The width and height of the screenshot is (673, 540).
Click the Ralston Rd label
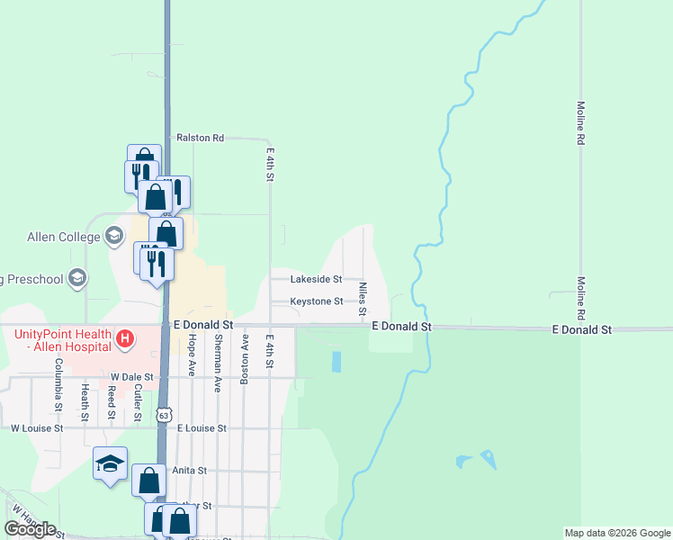click(x=200, y=138)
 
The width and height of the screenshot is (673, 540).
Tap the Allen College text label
click(x=62, y=237)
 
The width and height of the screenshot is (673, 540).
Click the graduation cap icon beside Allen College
click(x=113, y=237)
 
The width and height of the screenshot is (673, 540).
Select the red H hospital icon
click(x=126, y=339)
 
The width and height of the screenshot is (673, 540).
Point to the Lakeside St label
click(x=316, y=280)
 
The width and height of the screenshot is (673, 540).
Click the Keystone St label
click(x=316, y=301)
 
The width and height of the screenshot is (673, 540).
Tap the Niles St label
click(x=363, y=300)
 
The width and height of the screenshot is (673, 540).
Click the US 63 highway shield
click(x=163, y=414)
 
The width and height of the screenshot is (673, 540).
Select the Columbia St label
click(x=58, y=385)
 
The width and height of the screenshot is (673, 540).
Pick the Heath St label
click(x=85, y=402)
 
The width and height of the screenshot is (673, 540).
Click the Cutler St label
click(x=138, y=402)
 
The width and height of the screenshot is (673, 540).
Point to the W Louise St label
click(x=37, y=429)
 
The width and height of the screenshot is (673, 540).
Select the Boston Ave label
click(x=243, y=360)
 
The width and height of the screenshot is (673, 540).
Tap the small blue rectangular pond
click(x=336, y=362)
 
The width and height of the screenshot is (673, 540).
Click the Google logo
click(x=31, y=529)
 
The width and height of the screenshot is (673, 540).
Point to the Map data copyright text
click(x=616, y=533)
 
